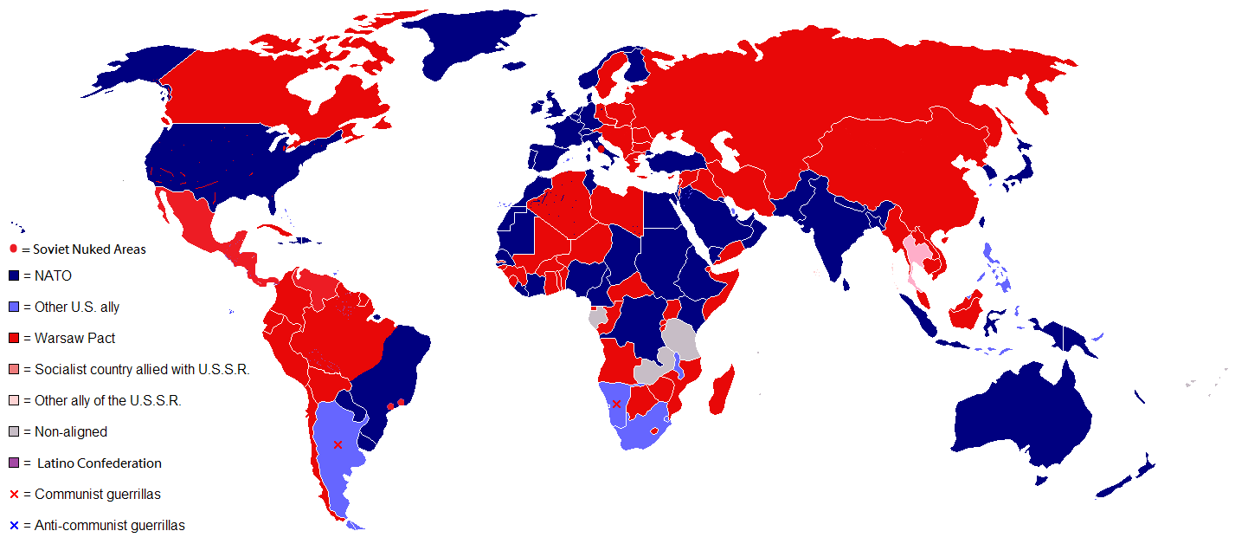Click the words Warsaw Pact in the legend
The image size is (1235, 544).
click(x=75, y=338)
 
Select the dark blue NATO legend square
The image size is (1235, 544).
click(x=14, y=276)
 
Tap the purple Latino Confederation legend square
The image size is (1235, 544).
click(x=14, y=463)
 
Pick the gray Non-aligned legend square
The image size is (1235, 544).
click(x=14, y=432)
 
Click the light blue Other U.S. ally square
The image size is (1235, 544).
click(x=14, y=308)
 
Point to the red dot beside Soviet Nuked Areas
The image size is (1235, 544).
click(x=13, y=249)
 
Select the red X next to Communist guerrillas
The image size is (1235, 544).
click(x=14, y=495)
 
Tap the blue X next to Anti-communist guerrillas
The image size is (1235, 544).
click(x=14, y=526)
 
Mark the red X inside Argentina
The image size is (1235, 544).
click(x=338, y=444)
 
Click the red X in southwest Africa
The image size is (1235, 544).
click(x=616, y=404)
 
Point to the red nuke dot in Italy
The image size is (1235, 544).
click(x=600, y=148)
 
